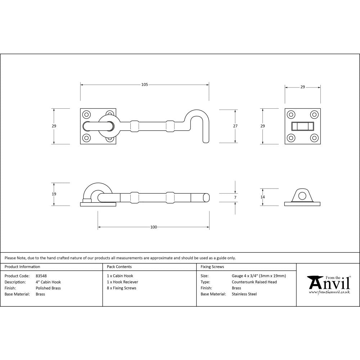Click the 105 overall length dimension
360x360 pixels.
[144, 85]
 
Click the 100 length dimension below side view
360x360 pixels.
[154, 227]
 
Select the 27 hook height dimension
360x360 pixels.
[235, 126]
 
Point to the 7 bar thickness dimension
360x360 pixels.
[235, 197]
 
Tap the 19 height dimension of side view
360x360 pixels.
[54, 194]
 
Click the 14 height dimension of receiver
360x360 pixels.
[262, 197]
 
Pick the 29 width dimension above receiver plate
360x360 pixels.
[302, 87]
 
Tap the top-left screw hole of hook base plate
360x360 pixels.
[86, 115]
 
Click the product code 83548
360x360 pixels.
[41, 276]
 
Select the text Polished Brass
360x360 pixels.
[48, 288]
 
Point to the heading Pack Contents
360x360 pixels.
[119, 267]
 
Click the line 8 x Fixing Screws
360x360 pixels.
[122, 288]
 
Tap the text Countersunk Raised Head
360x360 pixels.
[254, 282]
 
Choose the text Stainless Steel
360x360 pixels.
[244, 294]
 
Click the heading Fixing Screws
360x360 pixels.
[212, 267]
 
